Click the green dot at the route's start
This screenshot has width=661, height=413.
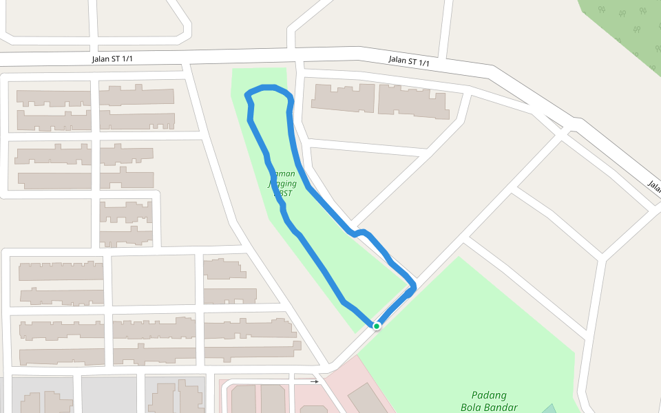(377, 326)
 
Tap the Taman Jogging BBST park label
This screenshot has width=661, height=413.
(283, 184)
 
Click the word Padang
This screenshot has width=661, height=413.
(489, 395)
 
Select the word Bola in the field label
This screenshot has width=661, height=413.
(472, 407)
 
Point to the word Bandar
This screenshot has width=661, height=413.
(501, 407)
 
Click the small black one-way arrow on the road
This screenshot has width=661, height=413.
(315, 381)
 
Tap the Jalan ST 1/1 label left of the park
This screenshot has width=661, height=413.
(112, 59)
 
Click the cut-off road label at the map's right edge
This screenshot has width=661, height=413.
(654, 186)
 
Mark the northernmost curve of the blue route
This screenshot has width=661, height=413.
(267, 87)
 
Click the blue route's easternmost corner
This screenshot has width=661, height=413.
(414, 286)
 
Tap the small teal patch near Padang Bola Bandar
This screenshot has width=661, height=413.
(549, 409)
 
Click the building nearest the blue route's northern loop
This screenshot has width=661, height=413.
(342, 98)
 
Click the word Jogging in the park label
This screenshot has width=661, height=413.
(283, 184)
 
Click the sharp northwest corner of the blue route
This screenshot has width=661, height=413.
(247, 94)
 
